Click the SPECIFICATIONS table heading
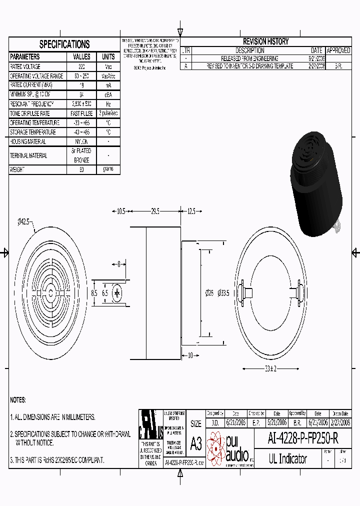tap(64, 44)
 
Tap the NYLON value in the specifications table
tap(81, 141)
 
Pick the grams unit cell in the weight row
tap(108, 169)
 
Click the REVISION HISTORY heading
tap(265, 41)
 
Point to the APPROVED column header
tap(338, 50)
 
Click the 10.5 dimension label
tap(120, 211)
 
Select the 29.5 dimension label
tap(155, 211)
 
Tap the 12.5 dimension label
tap(191, 211)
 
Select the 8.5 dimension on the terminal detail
tap(93, 293)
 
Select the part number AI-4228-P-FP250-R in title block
tap(303, 438)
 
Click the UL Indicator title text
tap(288, 458)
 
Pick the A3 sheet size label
tap(196, 443)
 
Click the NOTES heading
tap(18, 400)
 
